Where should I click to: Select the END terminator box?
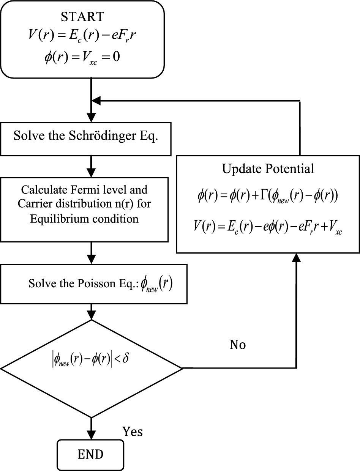click(x=91, y=454)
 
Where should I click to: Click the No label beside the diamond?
click(x=238, y=345)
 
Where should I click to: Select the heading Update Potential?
click(x=268, y=169)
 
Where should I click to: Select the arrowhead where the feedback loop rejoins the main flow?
click(x=97, y=101)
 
